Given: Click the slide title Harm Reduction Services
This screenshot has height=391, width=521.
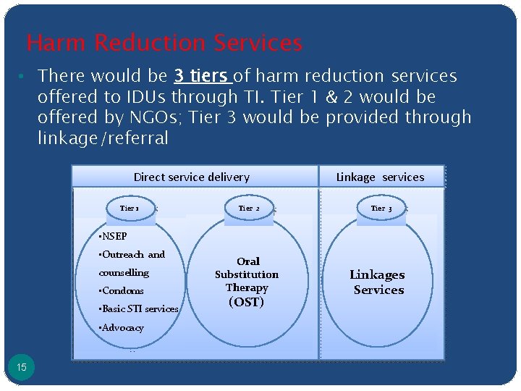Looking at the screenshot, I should coord(164,43).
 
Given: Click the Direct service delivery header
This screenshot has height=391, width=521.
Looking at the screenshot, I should coord(192,177).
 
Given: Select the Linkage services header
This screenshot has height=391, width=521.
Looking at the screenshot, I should coord(381,177).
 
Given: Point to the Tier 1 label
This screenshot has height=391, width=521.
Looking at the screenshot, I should coord(130,209).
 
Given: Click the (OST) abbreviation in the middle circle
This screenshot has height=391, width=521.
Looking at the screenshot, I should coord(246,302).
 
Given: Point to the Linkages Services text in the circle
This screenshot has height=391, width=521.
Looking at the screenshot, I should coord(377,282).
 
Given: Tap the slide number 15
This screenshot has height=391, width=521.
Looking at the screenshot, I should coord(22,368).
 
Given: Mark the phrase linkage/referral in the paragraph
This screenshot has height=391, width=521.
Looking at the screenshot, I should coord(103,138).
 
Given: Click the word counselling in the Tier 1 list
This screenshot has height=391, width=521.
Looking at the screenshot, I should coord(124,273).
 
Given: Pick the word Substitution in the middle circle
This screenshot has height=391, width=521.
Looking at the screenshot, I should coord(247,274).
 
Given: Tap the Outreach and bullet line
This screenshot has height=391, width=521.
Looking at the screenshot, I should coord(132,255).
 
